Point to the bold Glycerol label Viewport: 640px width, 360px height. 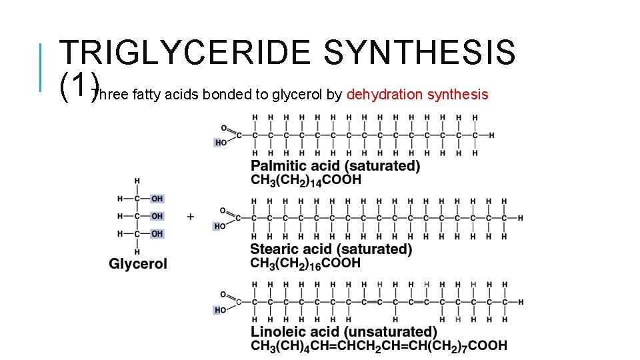pos(138,264)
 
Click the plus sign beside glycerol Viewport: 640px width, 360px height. pos(191,216)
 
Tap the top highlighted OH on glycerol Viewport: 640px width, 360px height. pos(157,199)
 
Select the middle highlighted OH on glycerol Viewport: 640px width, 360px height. pos(157,216)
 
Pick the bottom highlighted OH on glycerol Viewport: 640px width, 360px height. pos(157,233)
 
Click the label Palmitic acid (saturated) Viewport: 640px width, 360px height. pos(335,166)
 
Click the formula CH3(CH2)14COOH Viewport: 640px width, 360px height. pos(306,180)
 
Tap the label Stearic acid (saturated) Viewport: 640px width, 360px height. pos(331,249)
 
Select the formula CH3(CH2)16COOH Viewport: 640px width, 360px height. pos(306,263)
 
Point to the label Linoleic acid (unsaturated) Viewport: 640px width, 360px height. pos(344,332)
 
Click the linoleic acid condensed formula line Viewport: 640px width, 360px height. pos(379,346)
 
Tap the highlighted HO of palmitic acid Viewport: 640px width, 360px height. pos(220,143)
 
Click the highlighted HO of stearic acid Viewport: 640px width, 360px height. pos(220,227)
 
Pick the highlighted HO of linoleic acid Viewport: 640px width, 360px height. pos(220,310)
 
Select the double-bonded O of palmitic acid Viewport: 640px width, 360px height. pos(223,128)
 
